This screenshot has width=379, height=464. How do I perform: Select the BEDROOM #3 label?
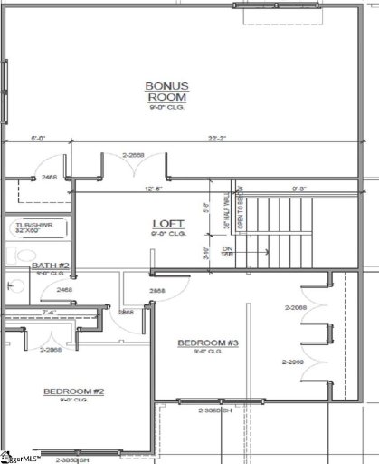tap(207, 343)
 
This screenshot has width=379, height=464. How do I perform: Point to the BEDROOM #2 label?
tap(74, 391)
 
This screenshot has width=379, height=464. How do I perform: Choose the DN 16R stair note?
tap(228, 251)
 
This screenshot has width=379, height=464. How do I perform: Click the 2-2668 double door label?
tap(133, 156)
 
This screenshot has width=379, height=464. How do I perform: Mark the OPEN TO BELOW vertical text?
tap(241, 210)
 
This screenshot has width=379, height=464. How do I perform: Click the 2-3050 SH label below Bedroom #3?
tap(215, 411)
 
